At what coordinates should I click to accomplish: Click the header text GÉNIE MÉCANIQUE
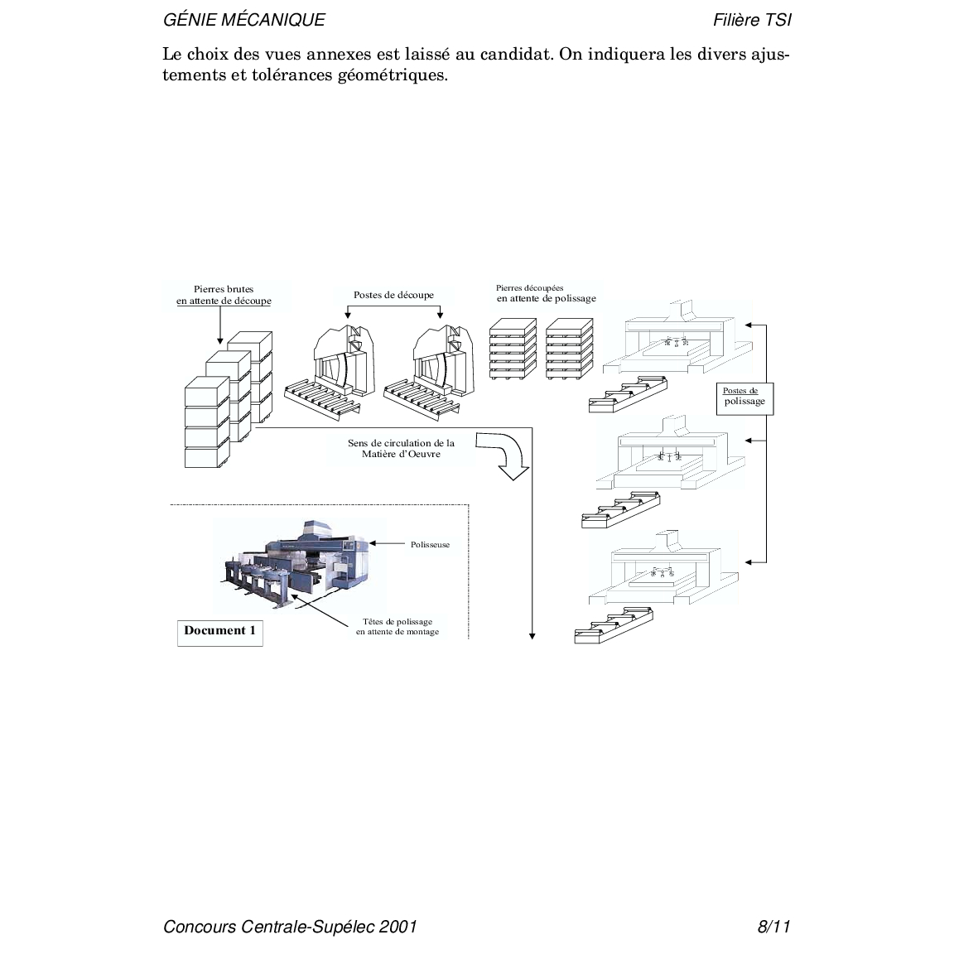tap(244, 20)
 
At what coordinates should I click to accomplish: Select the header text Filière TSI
tap(751, 20)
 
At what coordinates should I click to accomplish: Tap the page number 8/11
tap(773, 926)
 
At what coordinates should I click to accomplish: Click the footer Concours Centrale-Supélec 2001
tap(290, 926)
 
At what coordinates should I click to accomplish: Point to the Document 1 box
tap(219, 631)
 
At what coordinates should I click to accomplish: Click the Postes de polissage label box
tap(740, 397)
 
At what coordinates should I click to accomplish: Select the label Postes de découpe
tap(393, 295)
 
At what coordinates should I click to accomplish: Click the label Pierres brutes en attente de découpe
tap(224, 296)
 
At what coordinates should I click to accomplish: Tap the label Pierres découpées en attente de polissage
tap(546, 294)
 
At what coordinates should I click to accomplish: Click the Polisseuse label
tap(430, 544)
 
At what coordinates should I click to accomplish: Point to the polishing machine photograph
tap(298, 564)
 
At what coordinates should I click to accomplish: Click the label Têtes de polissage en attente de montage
tap(397, 627)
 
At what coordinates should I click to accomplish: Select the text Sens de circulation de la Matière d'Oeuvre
tap(401, 448)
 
